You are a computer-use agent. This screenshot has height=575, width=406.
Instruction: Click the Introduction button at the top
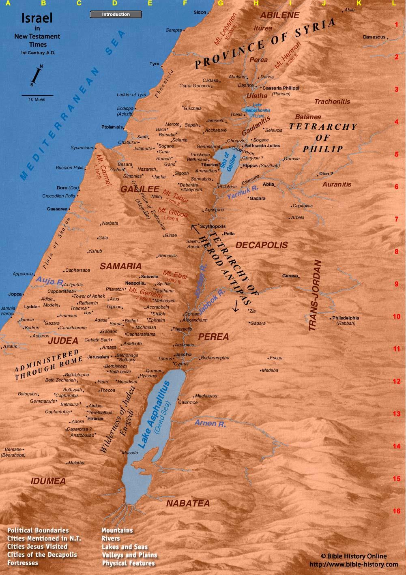116,15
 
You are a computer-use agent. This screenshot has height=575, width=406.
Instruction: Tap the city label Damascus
374,37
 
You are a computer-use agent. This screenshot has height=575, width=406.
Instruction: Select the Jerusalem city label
98,357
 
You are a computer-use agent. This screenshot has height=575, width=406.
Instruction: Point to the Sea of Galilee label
228,161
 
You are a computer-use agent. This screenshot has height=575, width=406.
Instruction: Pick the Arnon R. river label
210,423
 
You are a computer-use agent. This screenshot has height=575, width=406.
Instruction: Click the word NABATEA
188,503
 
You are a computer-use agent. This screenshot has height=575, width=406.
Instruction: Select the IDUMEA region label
48,481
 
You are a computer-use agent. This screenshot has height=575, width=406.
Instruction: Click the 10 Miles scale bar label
37,99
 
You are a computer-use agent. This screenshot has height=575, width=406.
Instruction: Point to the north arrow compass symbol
37,75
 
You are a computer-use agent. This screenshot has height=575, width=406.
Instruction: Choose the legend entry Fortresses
23,563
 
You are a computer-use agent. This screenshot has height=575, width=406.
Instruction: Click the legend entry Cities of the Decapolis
42,555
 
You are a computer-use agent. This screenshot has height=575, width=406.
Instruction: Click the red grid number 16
396,511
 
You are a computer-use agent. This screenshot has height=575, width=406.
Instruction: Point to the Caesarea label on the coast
57,209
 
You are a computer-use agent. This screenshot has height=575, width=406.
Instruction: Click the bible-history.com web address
353,564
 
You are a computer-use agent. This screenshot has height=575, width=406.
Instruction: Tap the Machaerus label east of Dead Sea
206,396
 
